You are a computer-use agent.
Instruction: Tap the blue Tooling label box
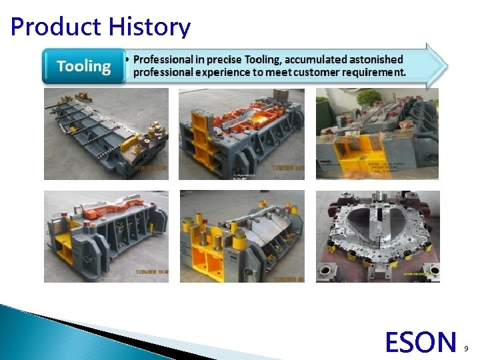83,66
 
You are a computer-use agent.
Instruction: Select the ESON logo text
420,342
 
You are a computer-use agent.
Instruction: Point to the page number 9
465,348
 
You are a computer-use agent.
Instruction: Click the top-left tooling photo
106,134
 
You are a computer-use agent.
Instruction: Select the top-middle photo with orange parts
241,134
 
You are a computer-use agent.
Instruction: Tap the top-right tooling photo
377,134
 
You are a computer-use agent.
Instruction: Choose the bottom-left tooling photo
106,236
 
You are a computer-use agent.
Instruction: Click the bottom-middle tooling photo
241,236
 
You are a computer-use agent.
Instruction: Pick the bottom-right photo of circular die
377,236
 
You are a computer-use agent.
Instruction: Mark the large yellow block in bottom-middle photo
207,257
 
